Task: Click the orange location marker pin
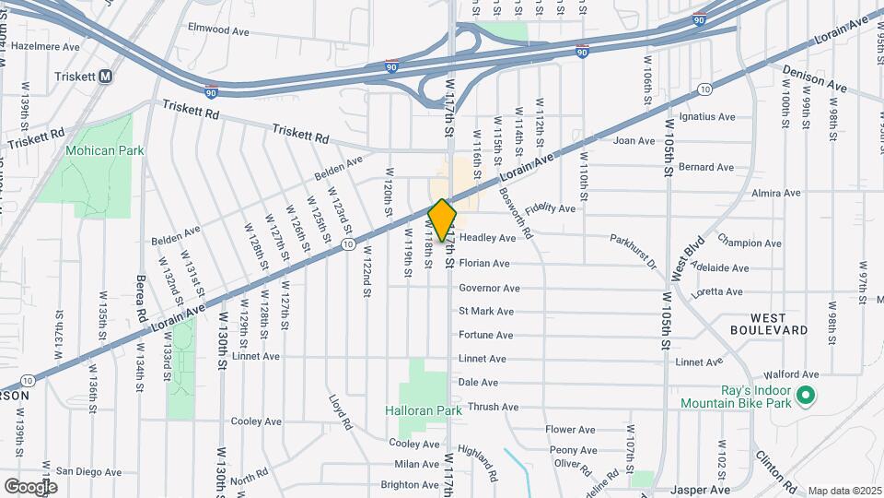pyautogui.click(x=443, y=219)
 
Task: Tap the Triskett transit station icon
pyautogui.click(x=106, y=77)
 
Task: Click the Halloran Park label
pyautogui.click(x=423, y=410)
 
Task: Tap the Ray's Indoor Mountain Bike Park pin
pyautogui.click(x=806, y=397)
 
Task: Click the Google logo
pyautogui.click(x=30, y=486)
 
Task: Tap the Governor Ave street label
pyautogui.click(x=492, y=288)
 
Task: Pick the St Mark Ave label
pyautogui.click(x=486, y=312)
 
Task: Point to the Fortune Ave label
pyautogui.click(x=486, y=336)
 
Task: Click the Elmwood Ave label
pyautogui.click(x=219, y=29)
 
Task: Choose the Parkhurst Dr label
pyautogui.click(x=633, y=251)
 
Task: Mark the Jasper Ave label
pyautogui.click(x=706, y=490)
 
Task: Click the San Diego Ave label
pyautogui.click(x=88, y=471)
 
